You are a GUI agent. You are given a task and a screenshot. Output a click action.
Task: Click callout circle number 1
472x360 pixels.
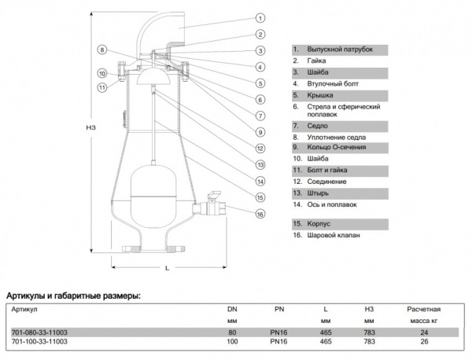[260, 17]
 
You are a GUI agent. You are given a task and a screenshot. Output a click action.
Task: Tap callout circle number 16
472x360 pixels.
[260, 213]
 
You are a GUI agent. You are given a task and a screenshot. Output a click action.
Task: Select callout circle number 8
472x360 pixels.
[101, 50]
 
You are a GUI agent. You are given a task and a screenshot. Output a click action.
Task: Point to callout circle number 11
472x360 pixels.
[101, 87]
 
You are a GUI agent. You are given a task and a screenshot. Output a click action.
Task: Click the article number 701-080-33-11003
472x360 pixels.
[39, 332]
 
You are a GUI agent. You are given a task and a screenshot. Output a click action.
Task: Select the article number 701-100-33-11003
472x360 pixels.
[39, 342]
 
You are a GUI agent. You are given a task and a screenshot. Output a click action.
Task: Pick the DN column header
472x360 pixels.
[232, 310]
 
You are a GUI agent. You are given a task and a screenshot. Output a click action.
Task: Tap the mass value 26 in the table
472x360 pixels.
[423, 342]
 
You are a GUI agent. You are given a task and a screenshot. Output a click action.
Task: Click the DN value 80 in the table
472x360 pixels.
[232, 332]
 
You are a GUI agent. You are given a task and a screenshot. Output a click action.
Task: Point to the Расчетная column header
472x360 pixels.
[423, 310]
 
